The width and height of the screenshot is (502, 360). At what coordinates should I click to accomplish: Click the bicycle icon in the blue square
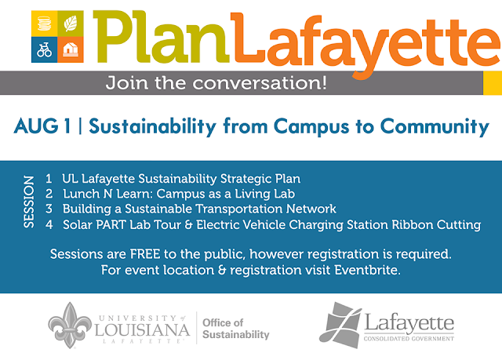tap(44, 50)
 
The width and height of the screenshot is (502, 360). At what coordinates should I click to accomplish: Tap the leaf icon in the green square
tap(71, 24)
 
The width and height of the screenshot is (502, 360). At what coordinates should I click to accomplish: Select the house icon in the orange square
tap(71, 49)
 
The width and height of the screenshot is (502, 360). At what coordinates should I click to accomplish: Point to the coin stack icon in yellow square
tap(44, 24)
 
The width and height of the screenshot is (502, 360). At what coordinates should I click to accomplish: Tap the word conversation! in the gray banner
tap(260, 83)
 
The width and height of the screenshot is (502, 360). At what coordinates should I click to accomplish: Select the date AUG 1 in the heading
tap(42, 126)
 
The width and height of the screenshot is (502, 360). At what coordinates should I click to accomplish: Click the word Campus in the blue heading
tap(311, 127)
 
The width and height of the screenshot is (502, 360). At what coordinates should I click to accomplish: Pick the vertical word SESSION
tap(29, 202)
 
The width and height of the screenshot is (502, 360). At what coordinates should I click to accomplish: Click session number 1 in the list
tap(49, 179)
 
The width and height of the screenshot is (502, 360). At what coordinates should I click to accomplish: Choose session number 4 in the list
tap(49, 224)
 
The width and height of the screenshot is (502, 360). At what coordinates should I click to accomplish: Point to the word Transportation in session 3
tap(239, 209)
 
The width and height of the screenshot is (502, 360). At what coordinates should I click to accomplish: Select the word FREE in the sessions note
tap(145, 254)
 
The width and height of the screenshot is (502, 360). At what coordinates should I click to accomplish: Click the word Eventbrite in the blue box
tap(368, 270)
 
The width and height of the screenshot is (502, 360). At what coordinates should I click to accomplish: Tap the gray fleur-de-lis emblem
tap(70, 325)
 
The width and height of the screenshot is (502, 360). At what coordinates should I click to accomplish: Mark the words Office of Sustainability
tap(236, 329)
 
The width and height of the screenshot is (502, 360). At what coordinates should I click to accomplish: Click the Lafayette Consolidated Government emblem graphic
tap(340, 325)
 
